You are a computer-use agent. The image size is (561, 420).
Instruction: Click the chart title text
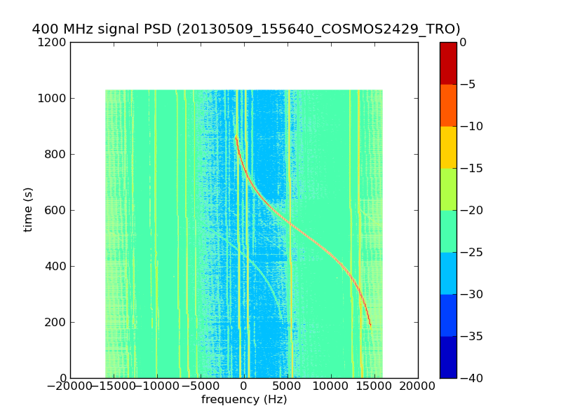coord(246,29)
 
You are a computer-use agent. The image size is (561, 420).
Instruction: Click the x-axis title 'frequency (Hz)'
coord(244,400)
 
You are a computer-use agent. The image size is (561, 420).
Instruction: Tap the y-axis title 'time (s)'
coord(28,209)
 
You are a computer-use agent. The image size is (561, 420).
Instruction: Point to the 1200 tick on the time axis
coord(53,42)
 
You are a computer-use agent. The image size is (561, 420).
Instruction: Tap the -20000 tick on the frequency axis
coord(70,386)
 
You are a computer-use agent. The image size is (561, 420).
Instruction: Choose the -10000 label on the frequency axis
coord(157,386)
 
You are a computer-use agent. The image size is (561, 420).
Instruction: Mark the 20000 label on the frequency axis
coord(418,386)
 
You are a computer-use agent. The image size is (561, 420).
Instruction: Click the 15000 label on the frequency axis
coord(374,386)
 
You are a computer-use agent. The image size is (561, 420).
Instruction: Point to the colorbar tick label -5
coord(468,84)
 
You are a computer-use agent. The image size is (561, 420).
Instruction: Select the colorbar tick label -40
coord(471,378)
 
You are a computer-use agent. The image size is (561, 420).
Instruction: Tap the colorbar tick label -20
coord(471,210)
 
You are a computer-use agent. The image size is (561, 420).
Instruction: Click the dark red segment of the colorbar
coord(448,63)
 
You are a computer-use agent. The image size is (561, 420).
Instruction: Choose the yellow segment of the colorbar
coord(448,147)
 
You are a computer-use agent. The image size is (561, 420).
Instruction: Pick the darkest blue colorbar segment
coord(448,357)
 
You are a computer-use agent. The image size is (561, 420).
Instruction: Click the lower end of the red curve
coord(370,325)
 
